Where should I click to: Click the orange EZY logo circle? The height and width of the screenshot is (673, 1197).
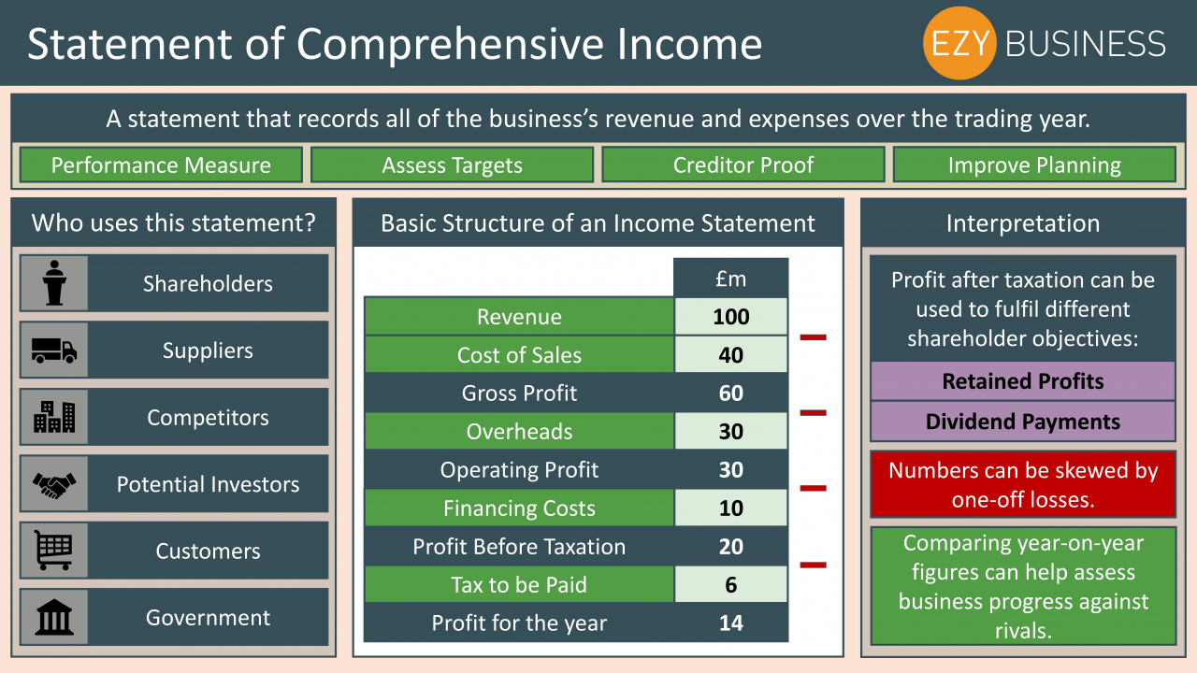tap(959, 43)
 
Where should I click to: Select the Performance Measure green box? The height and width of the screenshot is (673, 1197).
tap(161, 165)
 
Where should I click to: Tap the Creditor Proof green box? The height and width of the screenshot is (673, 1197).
tap(743, 165)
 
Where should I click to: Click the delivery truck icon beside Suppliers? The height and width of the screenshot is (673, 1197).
tap(54, 351)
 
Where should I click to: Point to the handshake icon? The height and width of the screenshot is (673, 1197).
tap(54, 484)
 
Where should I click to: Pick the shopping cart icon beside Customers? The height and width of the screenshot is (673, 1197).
tap(53, 551)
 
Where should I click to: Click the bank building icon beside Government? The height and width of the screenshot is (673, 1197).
tap(54, 617)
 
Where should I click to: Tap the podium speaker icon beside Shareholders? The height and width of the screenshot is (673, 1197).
tap(54, 283)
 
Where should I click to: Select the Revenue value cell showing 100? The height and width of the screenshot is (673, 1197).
tap(731, 317)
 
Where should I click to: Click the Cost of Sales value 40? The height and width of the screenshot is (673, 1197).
tap(731, 355)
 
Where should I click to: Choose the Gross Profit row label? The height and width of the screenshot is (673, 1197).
tap(519, 394)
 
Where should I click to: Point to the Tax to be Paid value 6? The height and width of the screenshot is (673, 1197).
tap(731, 585)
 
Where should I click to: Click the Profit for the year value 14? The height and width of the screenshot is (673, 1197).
tap(731, 623)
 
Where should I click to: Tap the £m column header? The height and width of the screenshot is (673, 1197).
tap(731, 279)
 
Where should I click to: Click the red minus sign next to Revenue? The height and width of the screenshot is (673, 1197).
tap(813, 337)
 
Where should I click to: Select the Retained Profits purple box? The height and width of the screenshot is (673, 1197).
tap(1023, 380)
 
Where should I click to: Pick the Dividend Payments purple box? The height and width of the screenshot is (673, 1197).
tap(1023, 422)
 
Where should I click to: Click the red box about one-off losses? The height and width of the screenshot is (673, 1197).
tap(1023, 484)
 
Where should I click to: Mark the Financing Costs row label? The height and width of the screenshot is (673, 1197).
tap(519, 508)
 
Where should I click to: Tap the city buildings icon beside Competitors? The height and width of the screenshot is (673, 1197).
tap(54, 417)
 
